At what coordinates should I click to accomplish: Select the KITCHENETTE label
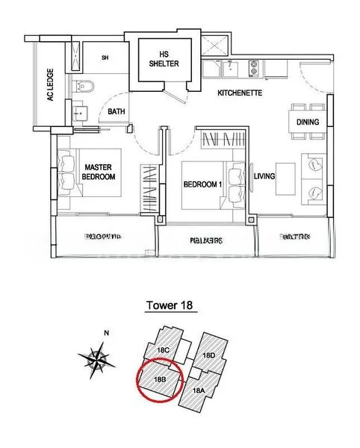pyautogui.click(x=238, y=94)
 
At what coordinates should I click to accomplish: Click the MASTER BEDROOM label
pyautogui.click(x=99, y=172)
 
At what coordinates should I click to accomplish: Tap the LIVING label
pyautogui.click(x=264, y=177)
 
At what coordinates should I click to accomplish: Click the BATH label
pyautogui.click(x=116, y=112)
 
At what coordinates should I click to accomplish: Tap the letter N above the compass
pyautogui.click(x=107, y=333)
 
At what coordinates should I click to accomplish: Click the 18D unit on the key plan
pyautogui.click(x=209, y=355)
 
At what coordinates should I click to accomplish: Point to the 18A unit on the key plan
pyautogui.click(x=199, y=390)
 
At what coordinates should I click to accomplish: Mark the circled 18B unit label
pyautogui.click(x=158, y=379)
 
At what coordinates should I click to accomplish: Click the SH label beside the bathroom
pyautogui.click(x=105, y=57)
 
